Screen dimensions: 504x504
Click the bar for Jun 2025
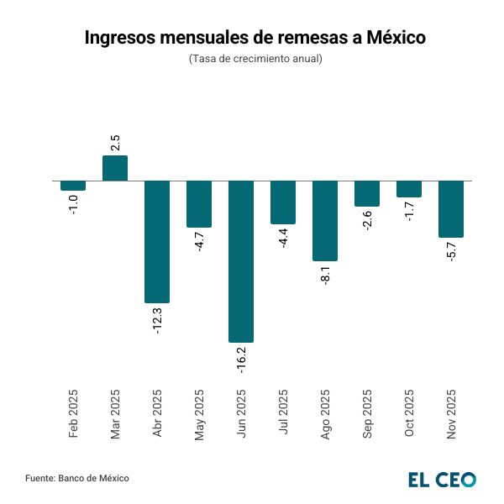(241, 260)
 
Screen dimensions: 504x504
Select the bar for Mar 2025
(115, 168)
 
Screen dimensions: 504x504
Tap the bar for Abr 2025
(157, 241)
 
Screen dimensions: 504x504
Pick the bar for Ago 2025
(325, 220)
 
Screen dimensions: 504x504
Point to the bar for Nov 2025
(451, 208)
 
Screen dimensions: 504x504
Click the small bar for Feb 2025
(73, 186)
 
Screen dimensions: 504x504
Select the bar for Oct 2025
(409, 189)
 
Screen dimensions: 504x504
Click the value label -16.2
(241, 359)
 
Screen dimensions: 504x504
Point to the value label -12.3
(157, 320)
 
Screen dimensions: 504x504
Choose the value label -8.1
(325, 275)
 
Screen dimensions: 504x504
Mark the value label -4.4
(283, 238)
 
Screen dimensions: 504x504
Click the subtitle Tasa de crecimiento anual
(255, 59)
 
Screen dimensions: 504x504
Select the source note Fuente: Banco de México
(77, 478)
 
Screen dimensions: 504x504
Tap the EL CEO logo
(442, 479)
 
